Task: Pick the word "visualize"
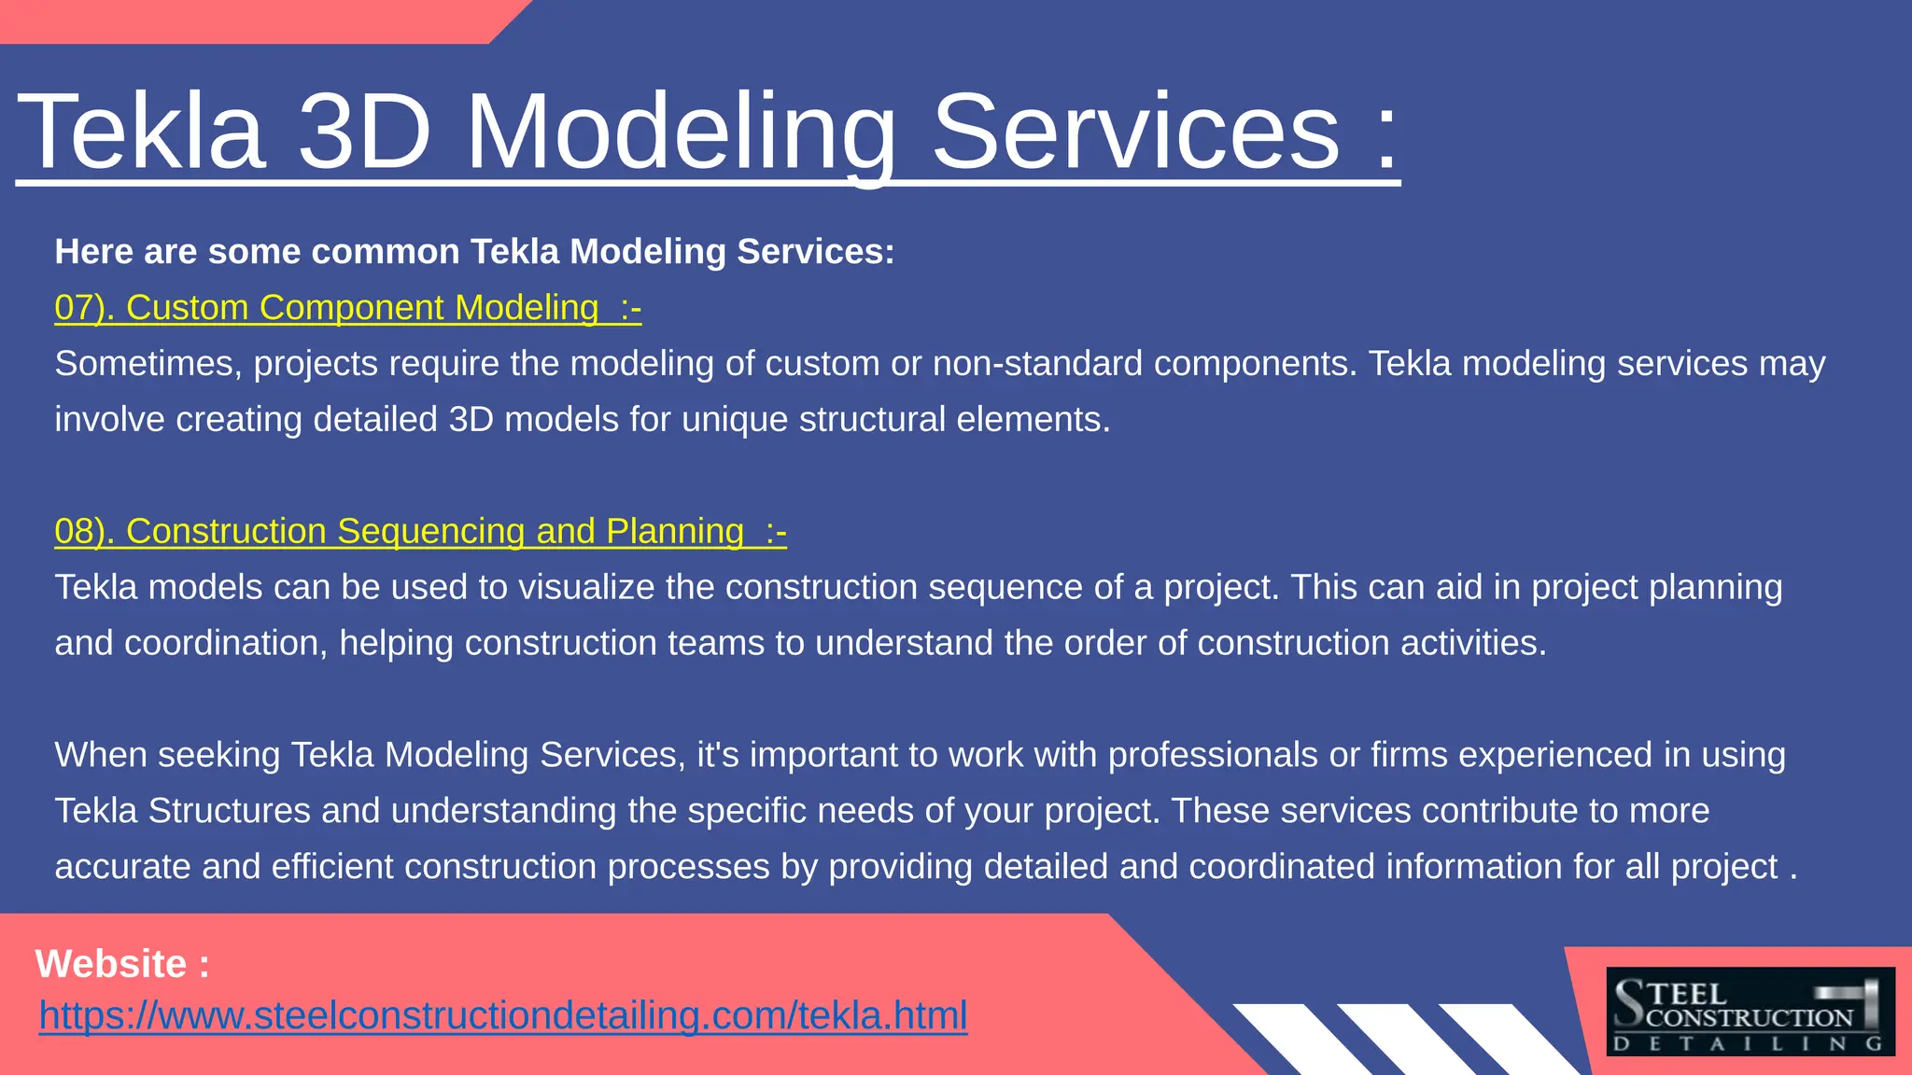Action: pyautogui.click(x=616, y=587)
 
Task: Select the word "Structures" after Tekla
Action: pyautogui.click(x=229, y=811)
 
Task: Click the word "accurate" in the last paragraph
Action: pyautogui.click(x=123, y=867)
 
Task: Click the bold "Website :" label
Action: pyautogui.click(x=122, y=964)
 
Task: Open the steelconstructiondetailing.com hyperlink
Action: pyautogui.click(x=503, y=1015)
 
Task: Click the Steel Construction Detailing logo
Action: pyautogui.click(x=1750, y=1012)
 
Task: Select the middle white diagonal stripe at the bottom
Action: pyautogui.click(x=1404, y=1040)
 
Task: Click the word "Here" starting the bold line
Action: pyautogui.click(x=93, y=252)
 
